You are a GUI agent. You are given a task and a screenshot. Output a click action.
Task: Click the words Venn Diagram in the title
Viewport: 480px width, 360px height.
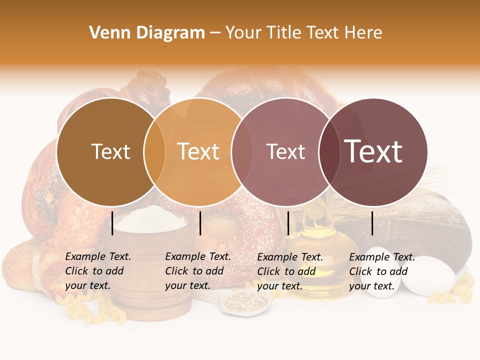[x=147, y=33]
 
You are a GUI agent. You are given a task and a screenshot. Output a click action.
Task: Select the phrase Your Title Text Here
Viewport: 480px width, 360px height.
[x=303, y=33]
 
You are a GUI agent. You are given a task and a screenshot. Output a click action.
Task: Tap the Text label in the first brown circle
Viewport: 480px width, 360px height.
[x=110, y=151]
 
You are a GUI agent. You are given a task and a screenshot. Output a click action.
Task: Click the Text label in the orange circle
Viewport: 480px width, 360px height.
[x=198, y=151]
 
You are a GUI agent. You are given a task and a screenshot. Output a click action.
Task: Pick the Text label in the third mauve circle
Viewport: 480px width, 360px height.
[x=285, y=151]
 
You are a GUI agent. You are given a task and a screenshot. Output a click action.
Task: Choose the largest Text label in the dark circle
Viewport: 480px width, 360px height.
[x=373, y=151]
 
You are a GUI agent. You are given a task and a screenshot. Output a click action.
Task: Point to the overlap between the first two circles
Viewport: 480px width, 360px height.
[x=154, y=152]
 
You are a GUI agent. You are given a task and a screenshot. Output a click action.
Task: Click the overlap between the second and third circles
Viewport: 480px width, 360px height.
[x=238, y=152]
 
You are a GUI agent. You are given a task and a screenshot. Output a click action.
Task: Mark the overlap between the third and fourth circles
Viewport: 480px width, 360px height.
[x=327, y=152]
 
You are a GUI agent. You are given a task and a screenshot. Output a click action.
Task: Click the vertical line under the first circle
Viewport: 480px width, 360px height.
[x=112, y=223]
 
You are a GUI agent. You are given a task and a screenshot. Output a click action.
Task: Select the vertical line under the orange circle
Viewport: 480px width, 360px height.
[x=200, y=223]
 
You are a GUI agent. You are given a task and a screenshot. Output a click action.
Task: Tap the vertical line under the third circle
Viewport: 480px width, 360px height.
[x=288, y=223]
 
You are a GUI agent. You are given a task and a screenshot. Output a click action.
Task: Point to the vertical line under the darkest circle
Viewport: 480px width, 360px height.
[x=372, y=223]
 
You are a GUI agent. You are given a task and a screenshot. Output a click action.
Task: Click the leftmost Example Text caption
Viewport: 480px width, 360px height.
[x=97, y=271]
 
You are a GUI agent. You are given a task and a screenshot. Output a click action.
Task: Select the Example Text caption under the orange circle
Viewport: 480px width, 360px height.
[x=197, y=271]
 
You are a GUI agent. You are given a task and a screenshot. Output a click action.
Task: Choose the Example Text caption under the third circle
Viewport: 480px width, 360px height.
[x=289, y=271]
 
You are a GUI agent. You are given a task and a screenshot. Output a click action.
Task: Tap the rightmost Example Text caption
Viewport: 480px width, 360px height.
[x=381, y=271]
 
